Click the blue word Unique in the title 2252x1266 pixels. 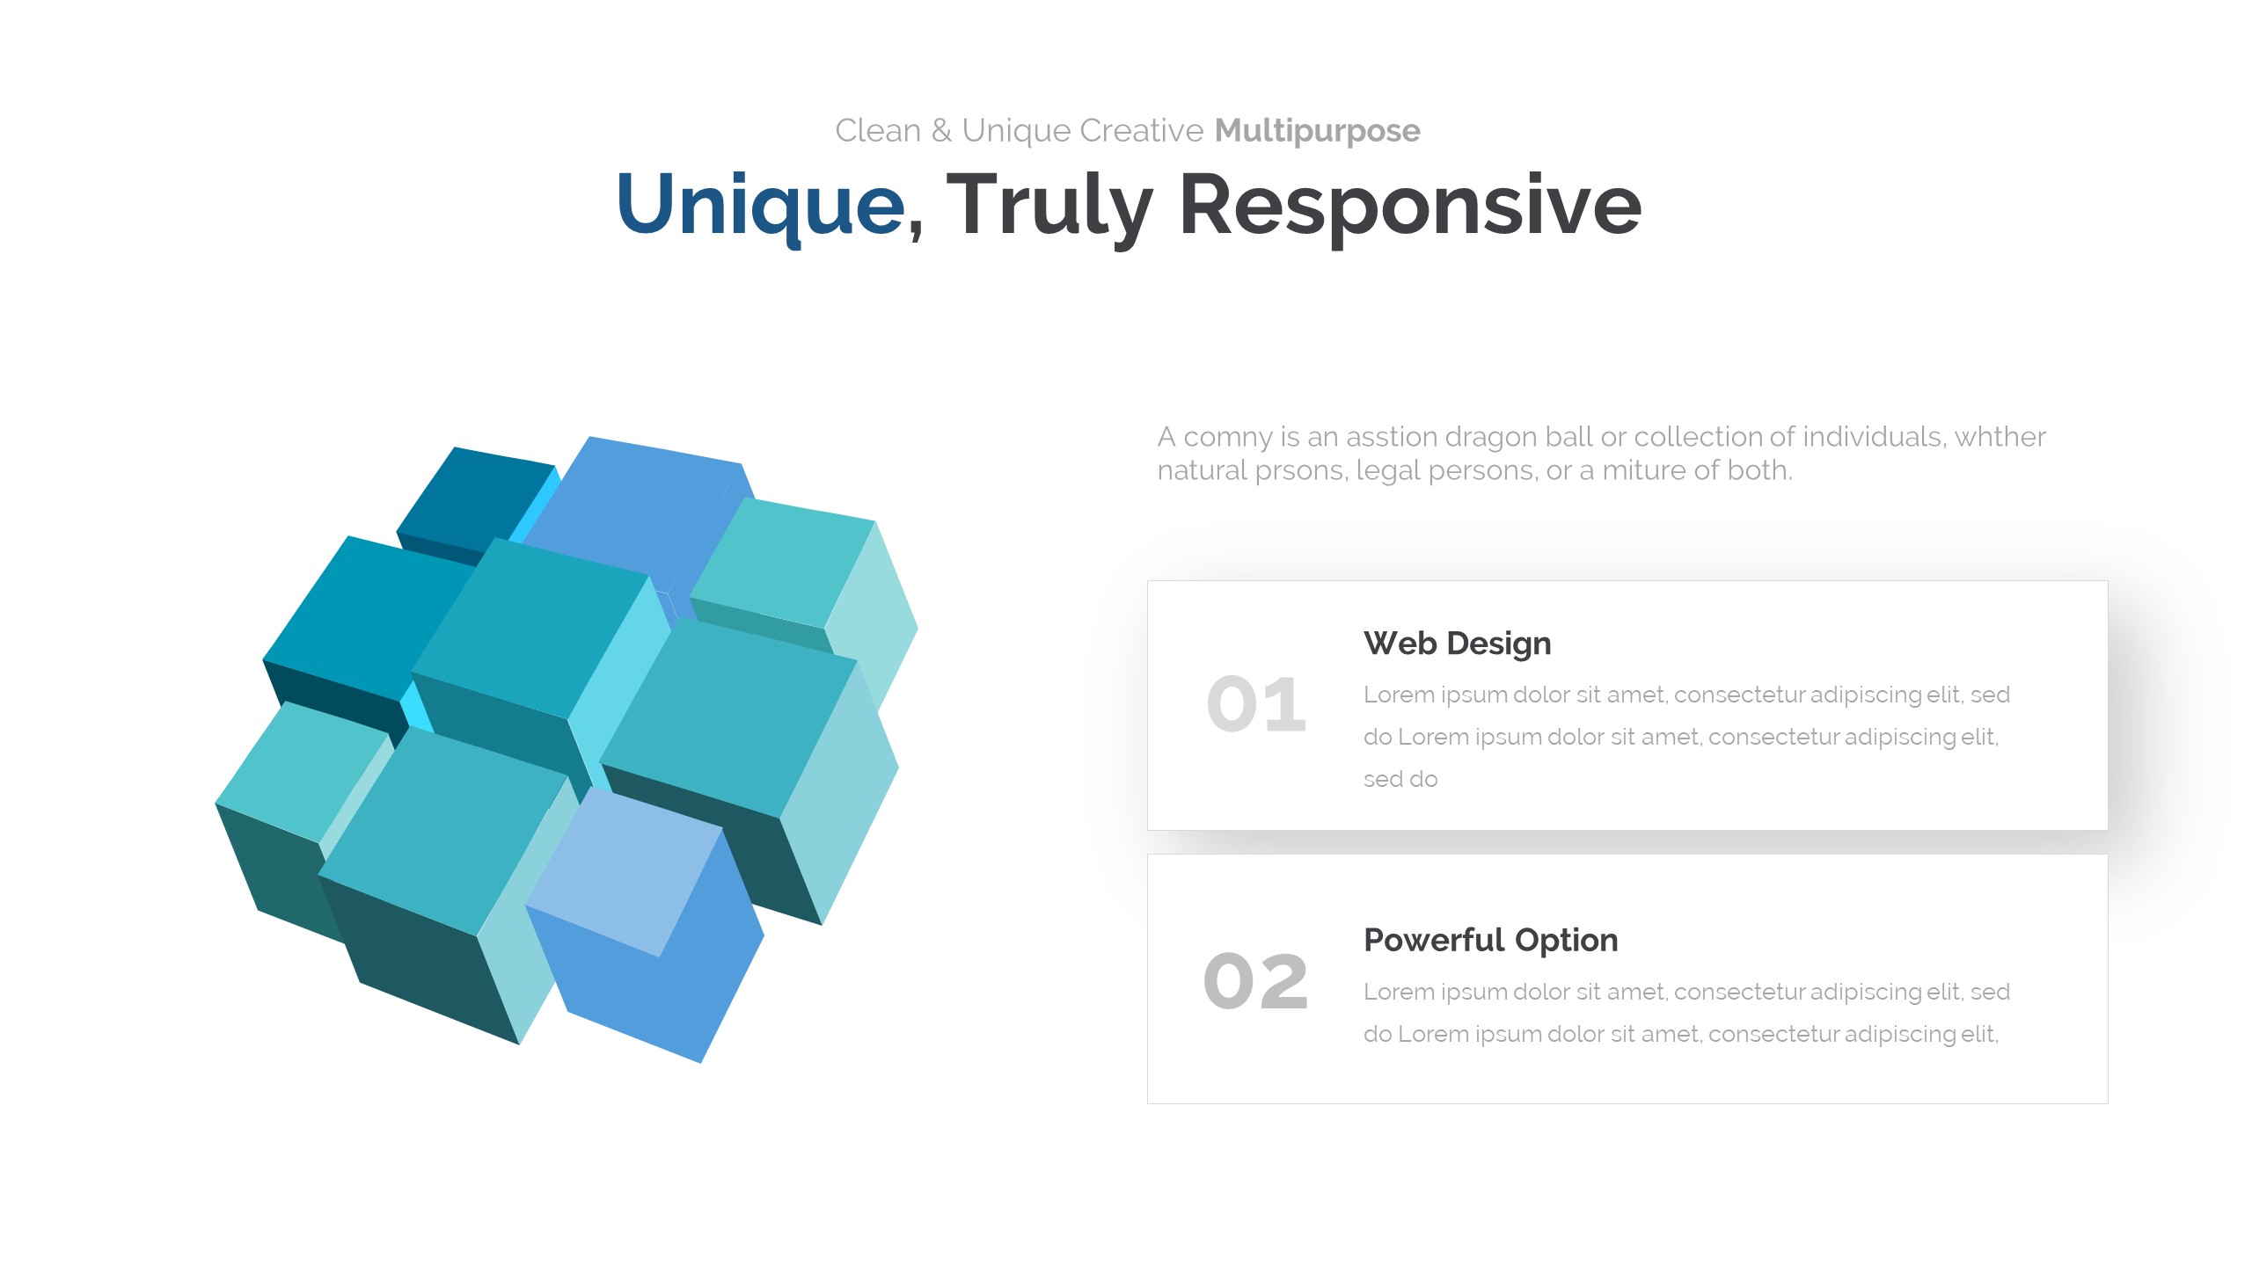point(761,206)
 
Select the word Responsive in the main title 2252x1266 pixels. point(1410,206)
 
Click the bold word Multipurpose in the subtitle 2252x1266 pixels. point(1317,131)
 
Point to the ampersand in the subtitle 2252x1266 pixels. point(941,131)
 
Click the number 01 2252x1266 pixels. point(1256,704)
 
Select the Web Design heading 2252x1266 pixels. point(1457,644)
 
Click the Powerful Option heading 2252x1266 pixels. point(1490,941)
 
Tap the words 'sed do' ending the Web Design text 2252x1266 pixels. point(1400,779)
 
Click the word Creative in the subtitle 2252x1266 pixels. point(1142,131)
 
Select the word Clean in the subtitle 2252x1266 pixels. point(878,131)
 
